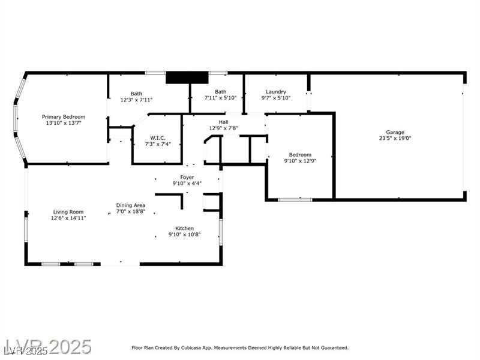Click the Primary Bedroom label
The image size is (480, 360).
(x=64, y=116)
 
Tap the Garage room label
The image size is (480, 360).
(x=395, y=132)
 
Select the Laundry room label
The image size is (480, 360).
(x=276, y=92)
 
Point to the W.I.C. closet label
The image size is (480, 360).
(x=158, y=138)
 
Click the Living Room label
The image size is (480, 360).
(x=68, y=212)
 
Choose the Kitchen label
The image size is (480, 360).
(x=184, y=229)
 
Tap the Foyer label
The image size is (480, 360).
(x=187, y=177)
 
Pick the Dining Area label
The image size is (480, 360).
(x=131, y=205)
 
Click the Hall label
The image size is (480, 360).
(x=223, y=122)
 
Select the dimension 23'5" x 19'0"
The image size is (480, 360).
(x=395, y=138)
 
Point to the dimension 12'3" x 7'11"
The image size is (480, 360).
(x=136, y=100)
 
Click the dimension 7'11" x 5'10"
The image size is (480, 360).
(x=220, y=98)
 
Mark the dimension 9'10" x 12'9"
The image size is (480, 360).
(x=300, y=161)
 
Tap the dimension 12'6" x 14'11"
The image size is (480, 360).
(x=68, y=218)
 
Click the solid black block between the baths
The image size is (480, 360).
(x=187, y=77)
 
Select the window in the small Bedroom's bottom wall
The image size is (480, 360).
(x=295, y=200)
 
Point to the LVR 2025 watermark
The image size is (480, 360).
(x=48, y=347)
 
